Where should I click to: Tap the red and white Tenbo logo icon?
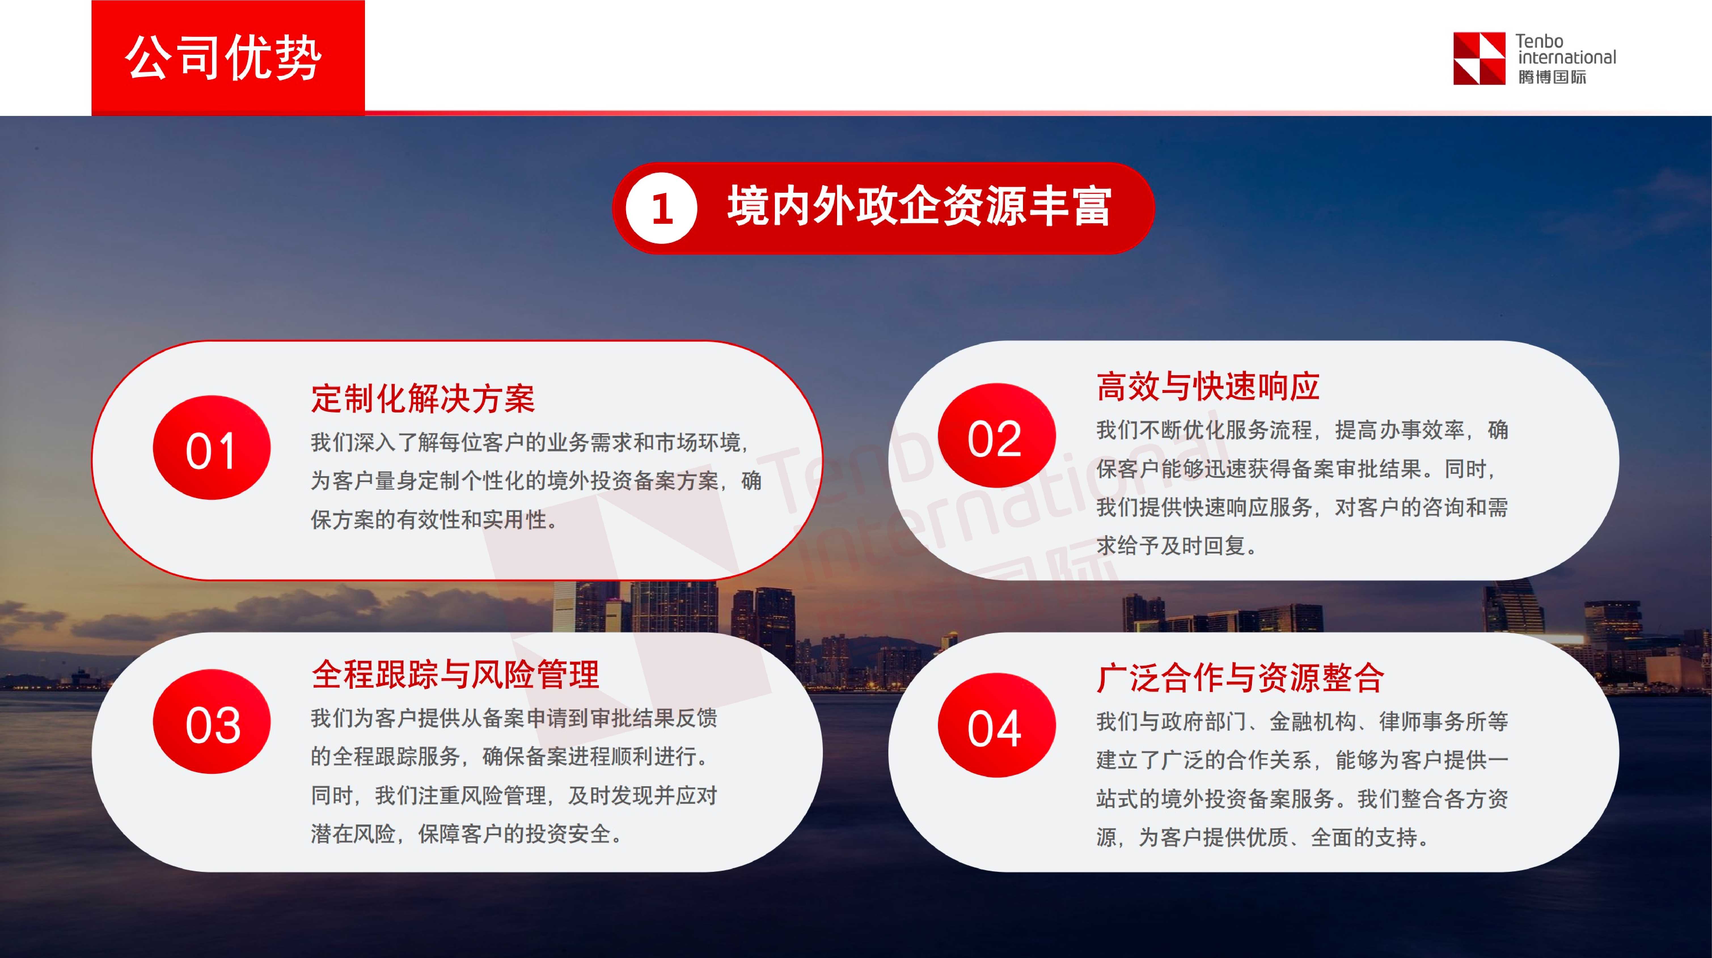tap(1479, 58)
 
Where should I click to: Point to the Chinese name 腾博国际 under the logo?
tap(1552, 77)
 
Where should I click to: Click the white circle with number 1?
tap(661, 208)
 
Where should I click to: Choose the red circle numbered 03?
tap(211, 722)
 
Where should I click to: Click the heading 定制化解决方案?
tap(423, 399)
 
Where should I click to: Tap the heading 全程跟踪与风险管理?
tap(455, 674)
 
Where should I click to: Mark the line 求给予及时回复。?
tap(1176, 546)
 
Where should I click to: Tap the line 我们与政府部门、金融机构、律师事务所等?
tap(1301, 722)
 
